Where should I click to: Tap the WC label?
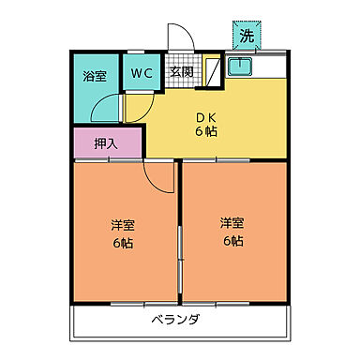(x=142, y=72)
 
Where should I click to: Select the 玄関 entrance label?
(x=181, y=72)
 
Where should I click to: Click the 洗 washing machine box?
(x=246, y=37)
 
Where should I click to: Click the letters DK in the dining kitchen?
(x=206, y=117)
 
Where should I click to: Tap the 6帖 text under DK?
(x=206, y=132)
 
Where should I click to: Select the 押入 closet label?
(x=107, y=144)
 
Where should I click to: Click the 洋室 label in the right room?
(x=232, y=223)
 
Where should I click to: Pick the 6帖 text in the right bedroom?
(x=232, y=240)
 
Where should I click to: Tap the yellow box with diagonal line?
(x=213, y=70)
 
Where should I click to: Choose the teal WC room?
(x=142, y=75)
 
